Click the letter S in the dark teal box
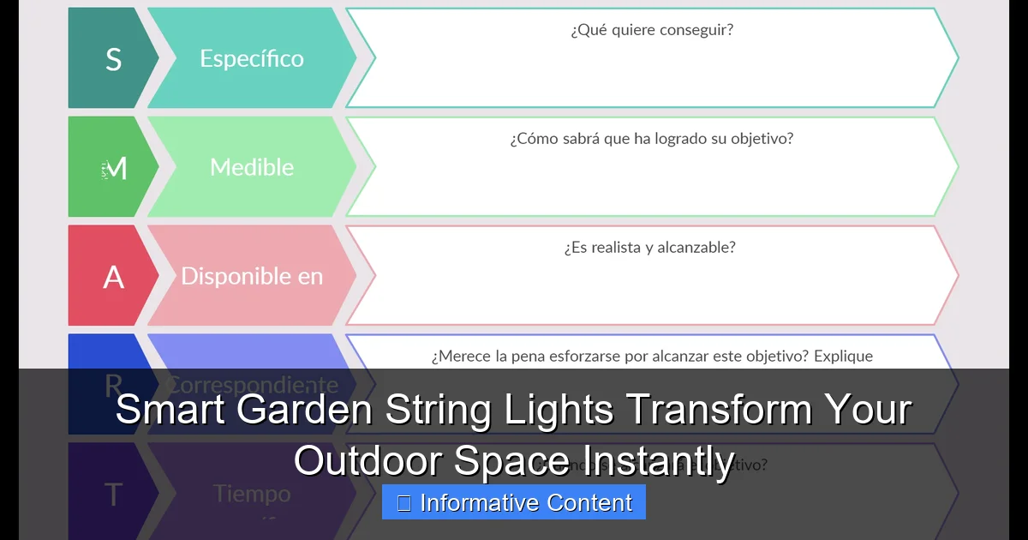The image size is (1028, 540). coord(113,59)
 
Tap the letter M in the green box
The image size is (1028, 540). coord(117,169)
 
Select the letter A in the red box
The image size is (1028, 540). coord(113,277)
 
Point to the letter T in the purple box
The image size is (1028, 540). coord(113,495)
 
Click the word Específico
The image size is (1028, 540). coord(252,59)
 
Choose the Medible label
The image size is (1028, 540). coord(252,167)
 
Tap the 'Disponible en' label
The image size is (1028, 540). coord(252,276)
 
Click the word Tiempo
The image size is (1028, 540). coord(252,494)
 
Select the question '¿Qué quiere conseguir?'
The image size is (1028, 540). coord(651,30)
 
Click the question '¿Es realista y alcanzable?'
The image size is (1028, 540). coord(649,248)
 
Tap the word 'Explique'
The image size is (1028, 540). coord(844,357)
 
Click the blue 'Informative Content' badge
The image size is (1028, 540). coord(514,502)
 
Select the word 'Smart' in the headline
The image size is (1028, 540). coord(170,410)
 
